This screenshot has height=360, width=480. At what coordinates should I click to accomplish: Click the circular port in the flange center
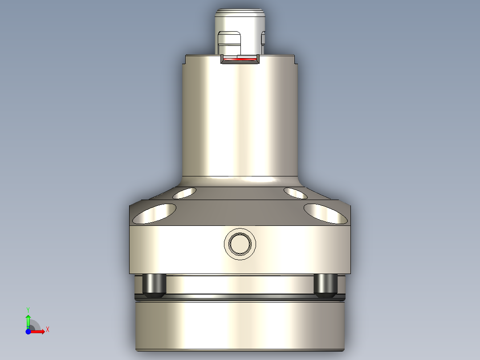coord(240,244)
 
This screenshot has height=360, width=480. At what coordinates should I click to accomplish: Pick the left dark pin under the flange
coord(154,285)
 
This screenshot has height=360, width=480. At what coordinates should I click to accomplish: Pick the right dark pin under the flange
coord(325,285)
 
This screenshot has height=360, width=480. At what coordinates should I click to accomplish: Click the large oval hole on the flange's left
coord(155,213)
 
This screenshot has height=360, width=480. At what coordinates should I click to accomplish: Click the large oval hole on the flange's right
coord(325,213)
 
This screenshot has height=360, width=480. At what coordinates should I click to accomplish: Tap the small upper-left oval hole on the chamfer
coord(185,193)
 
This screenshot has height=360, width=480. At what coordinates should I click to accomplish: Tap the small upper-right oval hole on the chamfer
coord(295,193)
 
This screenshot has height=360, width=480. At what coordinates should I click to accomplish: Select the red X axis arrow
coord(39,331)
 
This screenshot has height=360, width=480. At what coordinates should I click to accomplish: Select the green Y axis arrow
coord(28,320)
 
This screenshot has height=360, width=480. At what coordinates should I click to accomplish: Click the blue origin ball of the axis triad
coord(28,331)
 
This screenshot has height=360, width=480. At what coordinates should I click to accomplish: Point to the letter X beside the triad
coord(48,330)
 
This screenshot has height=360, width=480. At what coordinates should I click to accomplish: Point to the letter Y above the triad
coord(28,309)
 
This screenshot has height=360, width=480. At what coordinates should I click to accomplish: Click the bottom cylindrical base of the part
coord(240,325)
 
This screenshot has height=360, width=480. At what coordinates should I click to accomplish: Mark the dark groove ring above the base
coord(240,296)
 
